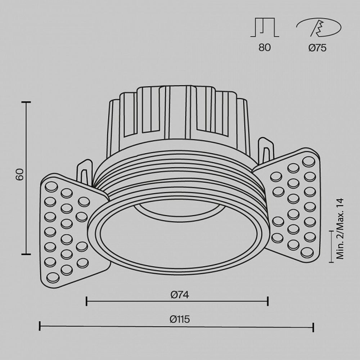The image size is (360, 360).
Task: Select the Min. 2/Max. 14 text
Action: [x=340, y=229]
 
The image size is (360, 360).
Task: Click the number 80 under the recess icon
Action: [x=265, y=48]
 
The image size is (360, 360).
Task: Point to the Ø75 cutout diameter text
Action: [x=318, y=48]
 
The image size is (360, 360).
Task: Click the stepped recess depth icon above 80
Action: [x=265, y=28]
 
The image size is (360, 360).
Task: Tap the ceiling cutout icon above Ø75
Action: [x=319, y=28]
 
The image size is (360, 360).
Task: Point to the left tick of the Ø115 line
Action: [x=40, y=327]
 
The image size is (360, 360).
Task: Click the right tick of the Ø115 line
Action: [x=314, y=327]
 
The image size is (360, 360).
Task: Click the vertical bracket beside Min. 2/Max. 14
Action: [x=331, y=246]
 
